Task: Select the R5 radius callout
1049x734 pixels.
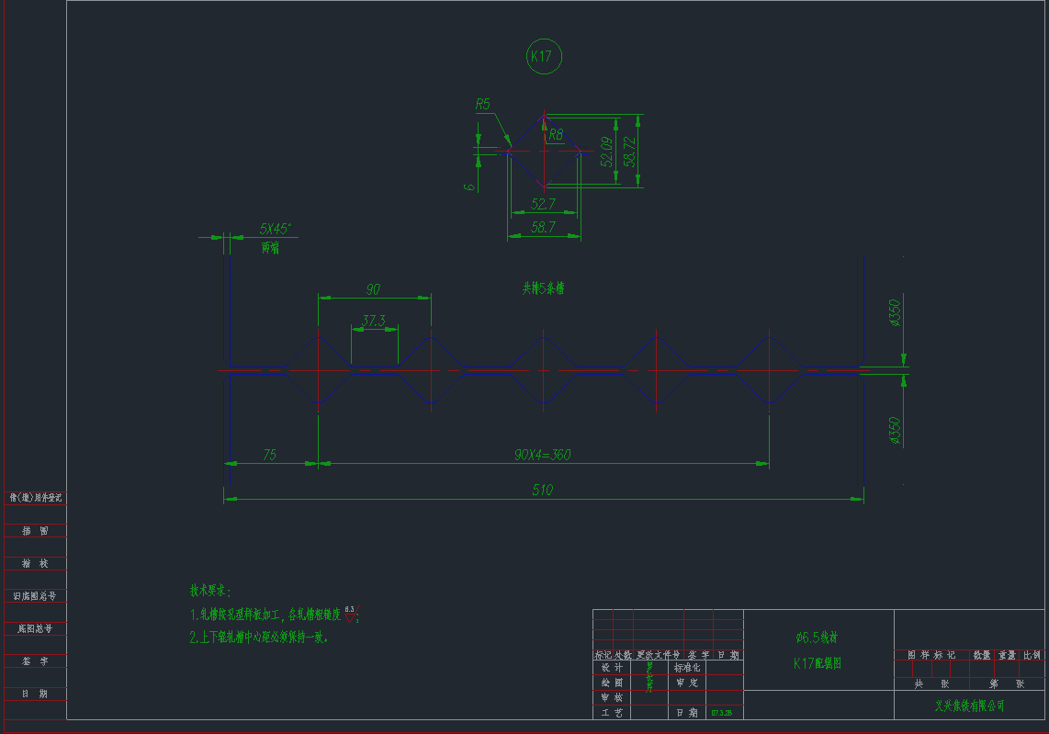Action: [482, 105]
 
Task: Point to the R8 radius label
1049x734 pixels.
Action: [555, 135]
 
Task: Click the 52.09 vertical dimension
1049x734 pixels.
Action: [606, 152]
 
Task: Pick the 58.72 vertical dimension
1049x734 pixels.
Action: [629, 152]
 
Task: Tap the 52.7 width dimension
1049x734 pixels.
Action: [543, 204]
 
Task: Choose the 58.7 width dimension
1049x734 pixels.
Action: [543, 227]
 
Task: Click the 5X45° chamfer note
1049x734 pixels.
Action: [275, 227]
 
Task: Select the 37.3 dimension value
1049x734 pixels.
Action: [374, 321]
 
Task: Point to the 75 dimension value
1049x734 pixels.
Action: [269, 454]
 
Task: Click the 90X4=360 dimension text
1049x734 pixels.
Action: [542, 455]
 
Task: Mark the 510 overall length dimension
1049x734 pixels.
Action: [543, 490]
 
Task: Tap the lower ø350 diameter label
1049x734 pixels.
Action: [895, 430]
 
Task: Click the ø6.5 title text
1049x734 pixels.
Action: [817, 636]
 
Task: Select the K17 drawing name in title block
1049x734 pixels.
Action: [818, 662]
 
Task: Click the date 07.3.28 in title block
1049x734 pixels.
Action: [721, 713]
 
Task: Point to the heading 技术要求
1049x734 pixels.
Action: [211, 590]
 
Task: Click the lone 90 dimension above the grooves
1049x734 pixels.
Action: [373, 289]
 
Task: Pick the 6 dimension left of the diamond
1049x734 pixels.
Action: [469, 186]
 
